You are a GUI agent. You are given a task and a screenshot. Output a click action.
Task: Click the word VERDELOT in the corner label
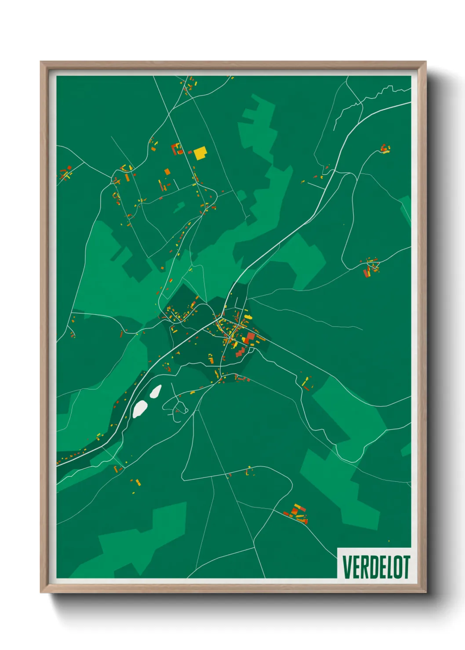376,567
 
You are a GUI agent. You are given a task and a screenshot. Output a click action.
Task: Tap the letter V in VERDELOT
346,567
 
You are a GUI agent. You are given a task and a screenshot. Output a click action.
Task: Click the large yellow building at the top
200,153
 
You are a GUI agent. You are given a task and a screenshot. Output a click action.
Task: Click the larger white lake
140,408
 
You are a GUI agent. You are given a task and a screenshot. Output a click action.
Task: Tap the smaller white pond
156,391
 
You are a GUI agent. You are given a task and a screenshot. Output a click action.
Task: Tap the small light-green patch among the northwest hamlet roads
179,206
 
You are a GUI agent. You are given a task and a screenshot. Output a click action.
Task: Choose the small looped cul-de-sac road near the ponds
180,406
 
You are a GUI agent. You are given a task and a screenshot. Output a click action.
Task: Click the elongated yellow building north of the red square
248,317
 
